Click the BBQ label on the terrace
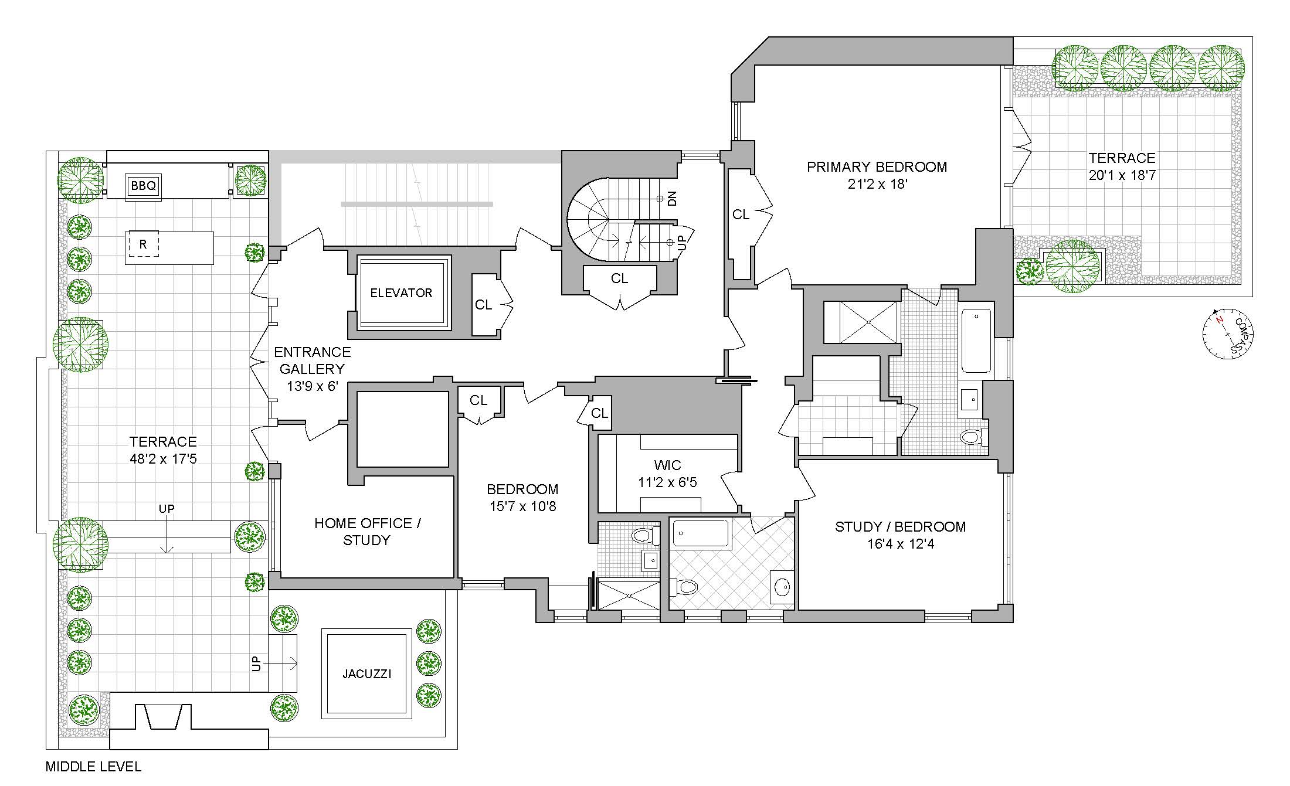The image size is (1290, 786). coord(144,186)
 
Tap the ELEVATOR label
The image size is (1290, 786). coord(401,292)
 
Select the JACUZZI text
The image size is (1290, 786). coord(366,673)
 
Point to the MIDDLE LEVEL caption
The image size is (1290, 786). coord(93,766)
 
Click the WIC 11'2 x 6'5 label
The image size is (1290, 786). coord(667,474)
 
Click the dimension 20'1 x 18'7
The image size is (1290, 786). coord(1122,175)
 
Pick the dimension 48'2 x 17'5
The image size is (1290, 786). coord(163,458)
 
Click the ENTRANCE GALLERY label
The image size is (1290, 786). coord(312,360)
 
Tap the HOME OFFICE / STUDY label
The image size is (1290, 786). coord(367,531)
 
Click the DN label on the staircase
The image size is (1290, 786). coord(672,198)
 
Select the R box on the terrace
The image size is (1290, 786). coord(143,244)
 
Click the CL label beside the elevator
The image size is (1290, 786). coord(483,305)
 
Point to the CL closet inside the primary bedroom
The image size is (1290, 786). coord(741,215)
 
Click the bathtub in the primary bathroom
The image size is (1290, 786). coord(976,340)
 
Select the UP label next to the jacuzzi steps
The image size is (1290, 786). coord(256,663)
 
